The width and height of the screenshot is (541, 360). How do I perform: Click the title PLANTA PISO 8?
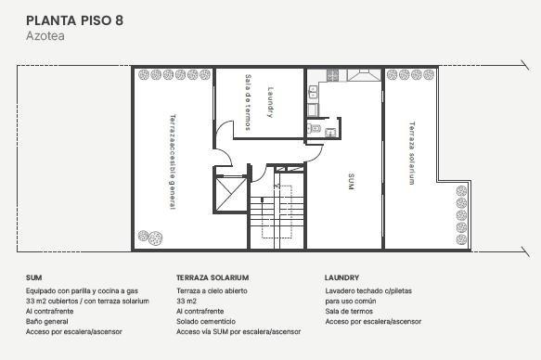point(74,20)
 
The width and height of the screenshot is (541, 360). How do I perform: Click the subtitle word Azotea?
point(45,36)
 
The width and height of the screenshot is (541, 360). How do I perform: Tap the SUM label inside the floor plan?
point(351,181)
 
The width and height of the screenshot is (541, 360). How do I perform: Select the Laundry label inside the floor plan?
point(271,102)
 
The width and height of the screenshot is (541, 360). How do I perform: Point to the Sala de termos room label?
point(248,102)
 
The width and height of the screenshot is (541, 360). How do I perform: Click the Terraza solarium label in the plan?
point(412,153)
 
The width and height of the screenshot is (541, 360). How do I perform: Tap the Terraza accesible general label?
point(173,161)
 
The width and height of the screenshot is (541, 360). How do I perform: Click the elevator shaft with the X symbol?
point(230,194)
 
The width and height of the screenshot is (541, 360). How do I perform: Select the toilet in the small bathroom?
point(315,129)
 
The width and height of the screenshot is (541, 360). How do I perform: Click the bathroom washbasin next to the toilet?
point(330,132)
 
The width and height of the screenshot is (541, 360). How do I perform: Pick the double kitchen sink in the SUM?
point(313,92)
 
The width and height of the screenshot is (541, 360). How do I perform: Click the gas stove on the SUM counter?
point(332,75)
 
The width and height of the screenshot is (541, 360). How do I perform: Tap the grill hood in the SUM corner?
point(364,75)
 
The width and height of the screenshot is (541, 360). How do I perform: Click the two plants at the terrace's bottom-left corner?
point(150,238)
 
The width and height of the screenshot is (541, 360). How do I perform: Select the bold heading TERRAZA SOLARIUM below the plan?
point(213,277)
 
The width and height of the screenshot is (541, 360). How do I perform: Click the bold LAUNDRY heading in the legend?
point(341,277)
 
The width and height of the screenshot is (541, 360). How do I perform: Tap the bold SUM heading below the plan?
point(33,277)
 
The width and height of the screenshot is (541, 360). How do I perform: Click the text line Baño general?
point(47,321)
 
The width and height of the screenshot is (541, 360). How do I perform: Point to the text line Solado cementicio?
point(206,321)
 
